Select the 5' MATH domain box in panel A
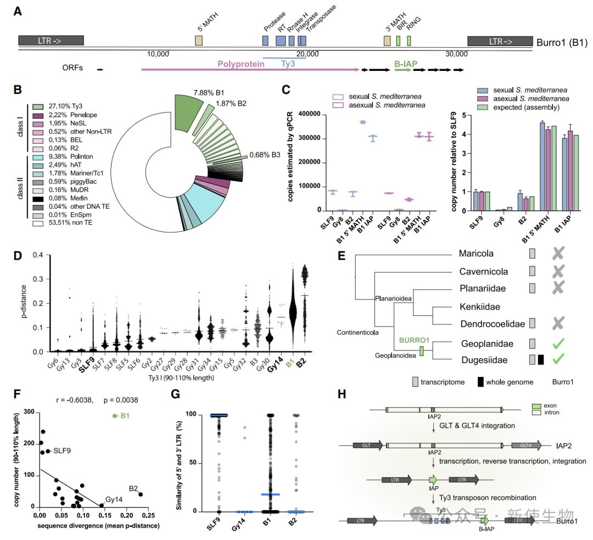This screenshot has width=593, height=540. click(199, 41)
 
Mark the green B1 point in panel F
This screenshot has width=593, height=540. click(115, 416)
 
